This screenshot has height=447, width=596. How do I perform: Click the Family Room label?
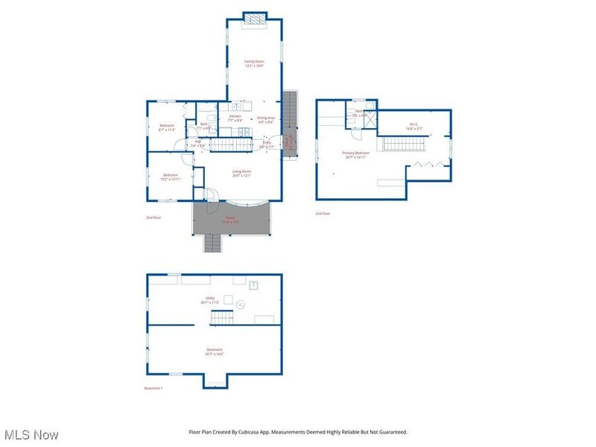[x=254, y=63]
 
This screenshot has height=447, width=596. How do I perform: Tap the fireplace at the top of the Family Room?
[x=254, y=19]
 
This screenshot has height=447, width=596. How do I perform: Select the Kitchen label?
[x=235, y=118]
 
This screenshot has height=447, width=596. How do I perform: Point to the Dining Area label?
[x=266, y=119]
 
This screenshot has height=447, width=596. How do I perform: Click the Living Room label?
[x=241, y=173]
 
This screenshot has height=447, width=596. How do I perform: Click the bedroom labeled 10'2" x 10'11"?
[x=171, y=177]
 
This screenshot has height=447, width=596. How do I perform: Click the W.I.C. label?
[x=414, y=127]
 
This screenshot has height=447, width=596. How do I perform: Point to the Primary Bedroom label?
[x=356, y=154]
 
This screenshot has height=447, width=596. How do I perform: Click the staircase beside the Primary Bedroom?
[x=402, y=145]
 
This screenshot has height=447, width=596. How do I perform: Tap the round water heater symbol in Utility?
[x=241, y=303]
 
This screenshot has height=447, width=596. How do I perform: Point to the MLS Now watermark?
[x=31, y=434]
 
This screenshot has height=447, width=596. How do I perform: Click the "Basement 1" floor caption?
[x=153, y=388]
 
